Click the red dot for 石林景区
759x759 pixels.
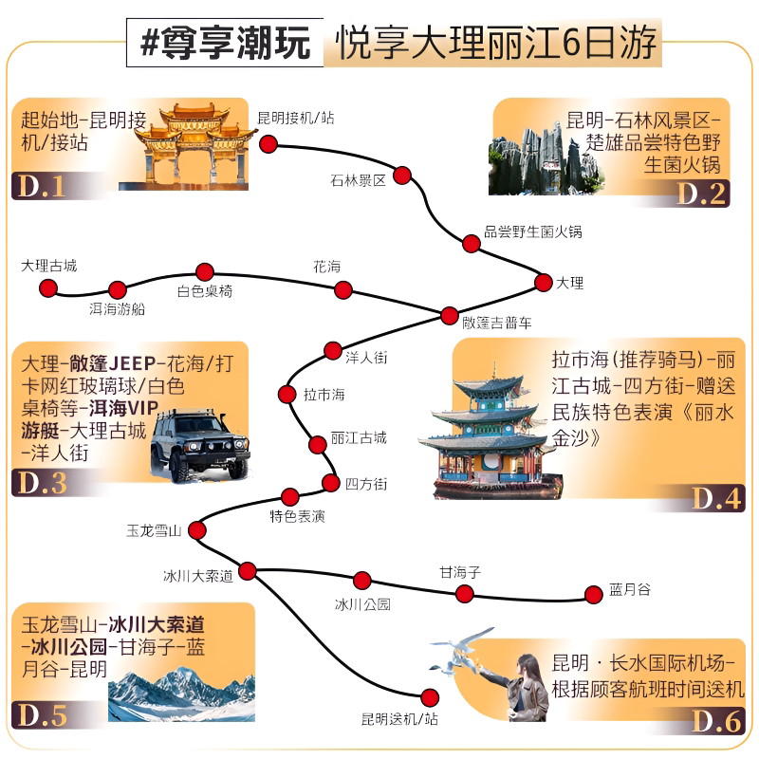402,176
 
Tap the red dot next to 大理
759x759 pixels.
543,282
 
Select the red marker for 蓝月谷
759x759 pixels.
594,595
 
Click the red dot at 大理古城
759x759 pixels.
48,288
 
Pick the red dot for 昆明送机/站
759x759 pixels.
430,697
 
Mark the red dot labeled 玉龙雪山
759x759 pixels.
197,530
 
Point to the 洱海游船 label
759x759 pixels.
117,309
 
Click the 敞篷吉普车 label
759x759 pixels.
496,323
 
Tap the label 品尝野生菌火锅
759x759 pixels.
533,231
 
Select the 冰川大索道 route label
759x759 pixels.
198,576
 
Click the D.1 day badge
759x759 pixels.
42,186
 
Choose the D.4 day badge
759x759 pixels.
716,499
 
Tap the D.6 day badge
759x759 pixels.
716,721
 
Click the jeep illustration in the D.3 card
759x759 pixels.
200,446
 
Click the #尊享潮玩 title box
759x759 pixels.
225,43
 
